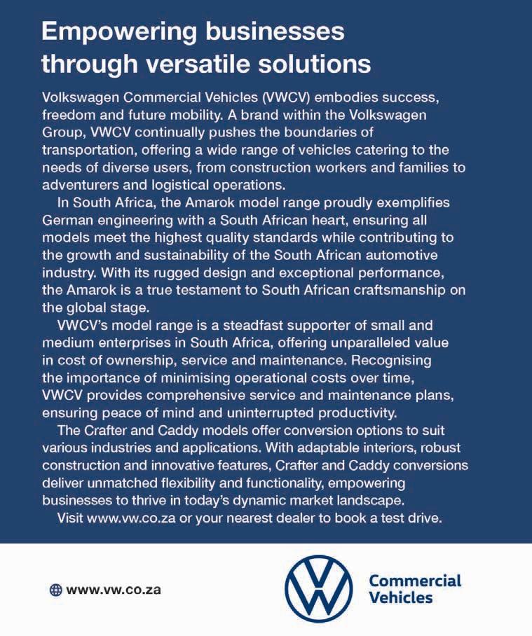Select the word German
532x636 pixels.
pos(67,220)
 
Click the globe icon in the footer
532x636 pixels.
pos(55,589)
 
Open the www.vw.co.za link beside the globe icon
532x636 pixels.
pos(114,589)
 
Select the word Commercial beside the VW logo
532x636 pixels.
pos(415,581)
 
